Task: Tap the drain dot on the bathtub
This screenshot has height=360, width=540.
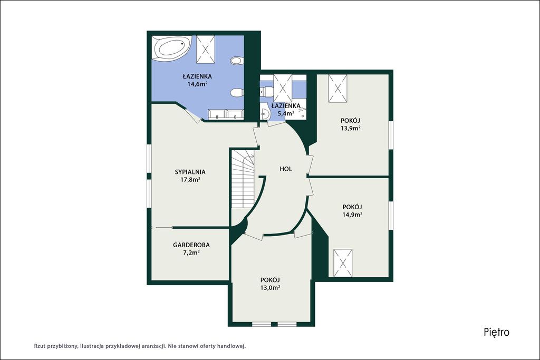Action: coord(182,44)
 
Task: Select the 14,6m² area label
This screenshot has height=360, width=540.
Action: coord(197,83)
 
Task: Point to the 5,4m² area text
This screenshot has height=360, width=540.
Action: coord(285,113)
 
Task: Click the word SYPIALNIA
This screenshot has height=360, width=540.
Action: coord(190,172)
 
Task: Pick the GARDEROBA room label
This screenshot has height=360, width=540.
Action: coord(191,245)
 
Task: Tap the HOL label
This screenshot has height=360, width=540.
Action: coord(286,169)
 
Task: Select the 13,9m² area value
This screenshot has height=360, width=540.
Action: coord(350,128)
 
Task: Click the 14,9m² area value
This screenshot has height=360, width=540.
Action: coord(352,215)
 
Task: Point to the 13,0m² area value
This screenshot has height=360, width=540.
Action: coord(269,288)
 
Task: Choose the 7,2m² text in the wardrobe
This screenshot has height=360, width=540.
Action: coord(191,252)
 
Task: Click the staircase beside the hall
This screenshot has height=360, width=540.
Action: coord(243,179)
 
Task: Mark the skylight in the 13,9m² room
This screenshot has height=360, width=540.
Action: coord(337,89)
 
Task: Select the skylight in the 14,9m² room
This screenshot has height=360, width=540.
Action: coord(343,263)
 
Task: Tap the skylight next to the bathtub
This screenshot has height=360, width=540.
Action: coord(206,49)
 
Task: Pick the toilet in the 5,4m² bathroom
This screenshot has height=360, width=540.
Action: coord(266,91)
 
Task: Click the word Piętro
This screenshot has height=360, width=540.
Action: coord(496,332)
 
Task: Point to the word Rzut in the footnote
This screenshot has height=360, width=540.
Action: coord(39,346)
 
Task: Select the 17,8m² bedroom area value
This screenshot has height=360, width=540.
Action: coord(190,179)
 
